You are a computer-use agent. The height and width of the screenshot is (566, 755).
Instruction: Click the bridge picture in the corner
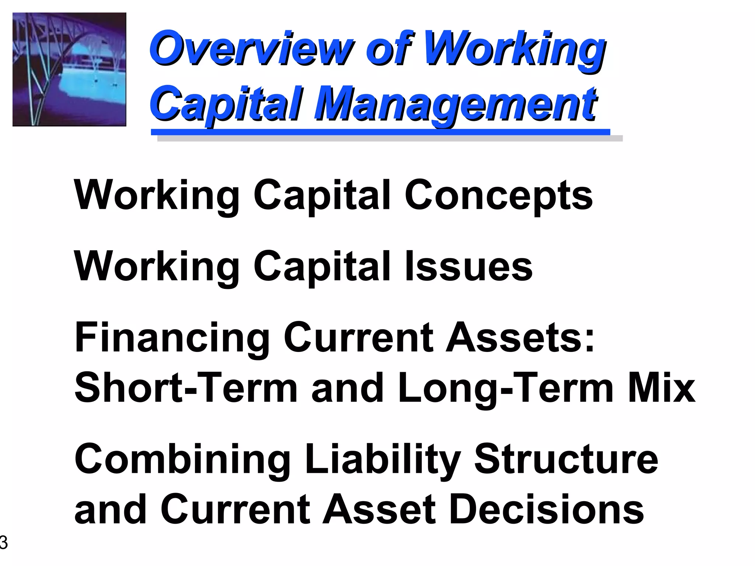[69, 69]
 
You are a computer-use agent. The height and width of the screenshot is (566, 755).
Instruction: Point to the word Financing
[172, 338]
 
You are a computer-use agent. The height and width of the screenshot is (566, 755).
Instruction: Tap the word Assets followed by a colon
[519, 338]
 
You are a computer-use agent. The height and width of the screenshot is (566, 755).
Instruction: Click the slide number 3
[3, 543]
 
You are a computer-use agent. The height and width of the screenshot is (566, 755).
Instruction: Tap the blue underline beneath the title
[380, 132]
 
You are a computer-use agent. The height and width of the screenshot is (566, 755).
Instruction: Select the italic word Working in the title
[514, 49]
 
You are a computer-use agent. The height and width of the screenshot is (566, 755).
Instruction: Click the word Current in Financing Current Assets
[358, 338]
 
